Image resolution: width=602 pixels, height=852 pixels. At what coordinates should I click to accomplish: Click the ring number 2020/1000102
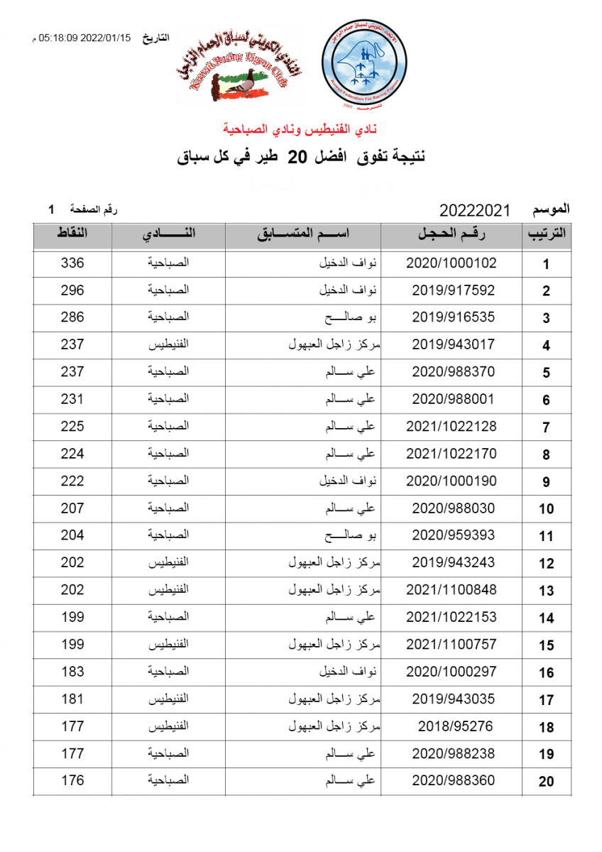[451, 263]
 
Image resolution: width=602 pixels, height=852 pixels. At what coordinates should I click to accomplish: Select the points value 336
[72, 263]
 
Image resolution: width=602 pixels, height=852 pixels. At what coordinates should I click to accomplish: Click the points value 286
[72, 317]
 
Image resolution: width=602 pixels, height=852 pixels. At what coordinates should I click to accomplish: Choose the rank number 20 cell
[546, 782]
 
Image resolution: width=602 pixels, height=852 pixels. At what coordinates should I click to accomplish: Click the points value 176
[72, 781]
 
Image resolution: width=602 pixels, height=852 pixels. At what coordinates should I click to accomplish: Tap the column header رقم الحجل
[451, 235]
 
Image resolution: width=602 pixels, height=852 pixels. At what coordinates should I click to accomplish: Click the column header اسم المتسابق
[303, 235]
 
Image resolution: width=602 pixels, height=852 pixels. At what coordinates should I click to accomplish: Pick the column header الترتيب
[547, 235]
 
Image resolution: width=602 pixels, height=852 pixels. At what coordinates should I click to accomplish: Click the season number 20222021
[475, 211]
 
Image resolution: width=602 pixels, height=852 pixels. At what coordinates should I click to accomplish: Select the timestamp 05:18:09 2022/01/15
[85, 38]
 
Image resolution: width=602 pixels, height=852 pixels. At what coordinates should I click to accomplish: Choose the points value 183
[72, 672]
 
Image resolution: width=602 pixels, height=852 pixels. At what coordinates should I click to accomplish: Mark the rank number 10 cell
[546, 509]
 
